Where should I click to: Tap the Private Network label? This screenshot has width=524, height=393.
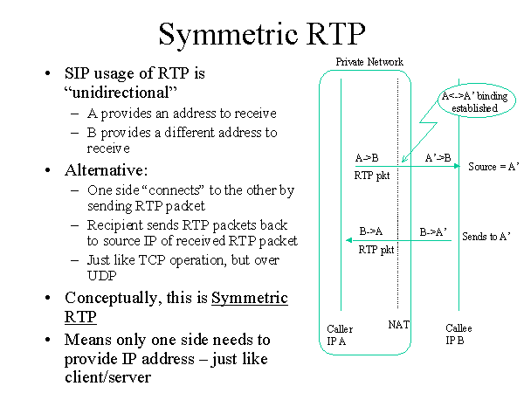coord(369,61)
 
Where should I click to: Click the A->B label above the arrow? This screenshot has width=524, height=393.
coord(368,158)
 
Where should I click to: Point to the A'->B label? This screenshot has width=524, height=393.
coord(437,158)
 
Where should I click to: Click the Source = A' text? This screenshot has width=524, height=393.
coord(493,166)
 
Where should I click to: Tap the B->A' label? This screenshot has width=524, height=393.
coord(434,232)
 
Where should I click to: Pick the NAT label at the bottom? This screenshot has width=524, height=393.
coord(398,324)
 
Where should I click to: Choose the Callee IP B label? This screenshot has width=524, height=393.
coord(459,334)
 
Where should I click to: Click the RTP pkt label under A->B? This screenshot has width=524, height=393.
coord(371,176)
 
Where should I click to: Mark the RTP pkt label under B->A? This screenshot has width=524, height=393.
coord(376,249)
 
